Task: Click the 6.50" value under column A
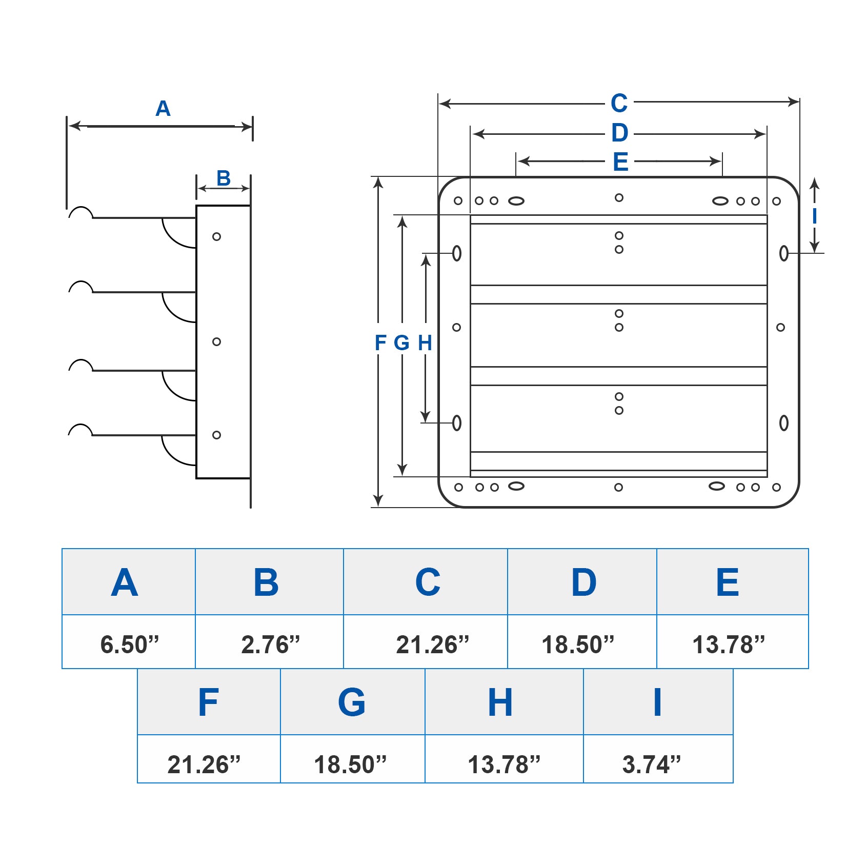point(129,644)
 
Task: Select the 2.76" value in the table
point(270,644)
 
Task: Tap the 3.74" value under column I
point(651,764)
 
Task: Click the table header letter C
point(428,582)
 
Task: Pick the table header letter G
point(352,702)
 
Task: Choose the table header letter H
point(500,702)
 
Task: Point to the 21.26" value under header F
point(204,764)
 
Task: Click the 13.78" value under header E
point(728,644)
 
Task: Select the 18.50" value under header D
point(578,644)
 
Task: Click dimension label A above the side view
point(163,109)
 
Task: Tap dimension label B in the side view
point(224,178)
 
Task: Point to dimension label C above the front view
point(619,104)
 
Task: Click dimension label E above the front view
point(620,163)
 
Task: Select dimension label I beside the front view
point(814,216)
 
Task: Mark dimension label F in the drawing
point(380,343)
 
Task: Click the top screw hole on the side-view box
point(216,237)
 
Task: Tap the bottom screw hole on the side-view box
point(216,435)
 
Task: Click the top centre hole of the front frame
point(619,197)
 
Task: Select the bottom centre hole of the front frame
point(618,488)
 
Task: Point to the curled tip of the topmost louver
point(80,212)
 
